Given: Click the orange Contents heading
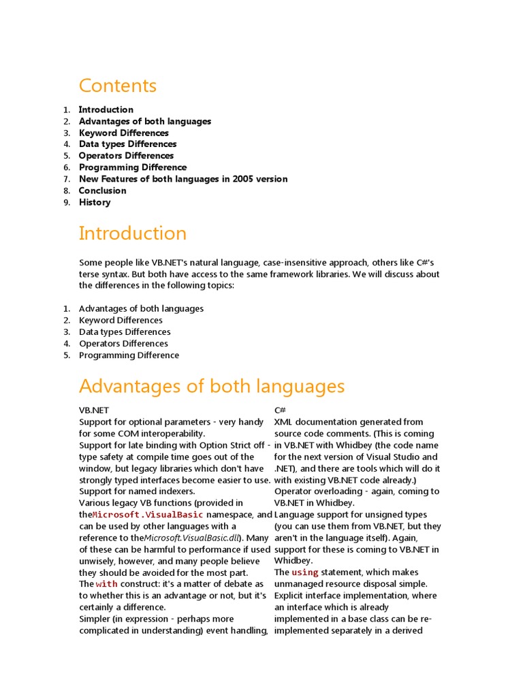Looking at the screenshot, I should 117,86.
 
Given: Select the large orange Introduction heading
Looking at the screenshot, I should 132,233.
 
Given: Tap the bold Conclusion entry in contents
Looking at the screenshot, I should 102,191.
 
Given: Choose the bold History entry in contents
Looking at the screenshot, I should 94,202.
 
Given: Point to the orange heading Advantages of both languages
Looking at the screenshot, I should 211,387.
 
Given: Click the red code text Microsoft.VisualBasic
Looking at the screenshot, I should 148,515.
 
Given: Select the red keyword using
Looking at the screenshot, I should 304,572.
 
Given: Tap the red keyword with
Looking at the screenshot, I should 106,584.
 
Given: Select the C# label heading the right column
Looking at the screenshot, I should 279,410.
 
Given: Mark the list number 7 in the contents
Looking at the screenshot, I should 67,179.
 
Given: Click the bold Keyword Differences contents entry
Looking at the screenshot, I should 123,133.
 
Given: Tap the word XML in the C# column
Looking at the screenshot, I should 284,422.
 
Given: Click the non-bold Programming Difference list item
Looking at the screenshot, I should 129,355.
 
